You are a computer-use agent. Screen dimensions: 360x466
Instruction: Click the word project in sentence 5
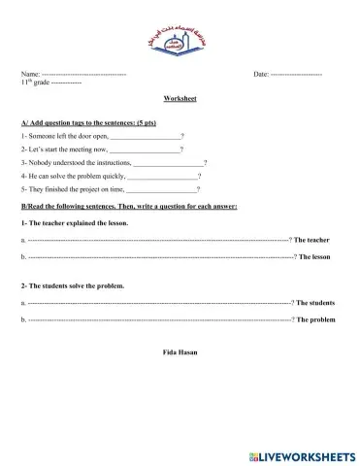click(x=82, y=189)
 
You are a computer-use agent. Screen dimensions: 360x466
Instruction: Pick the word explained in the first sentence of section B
click(x=80, y=222)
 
